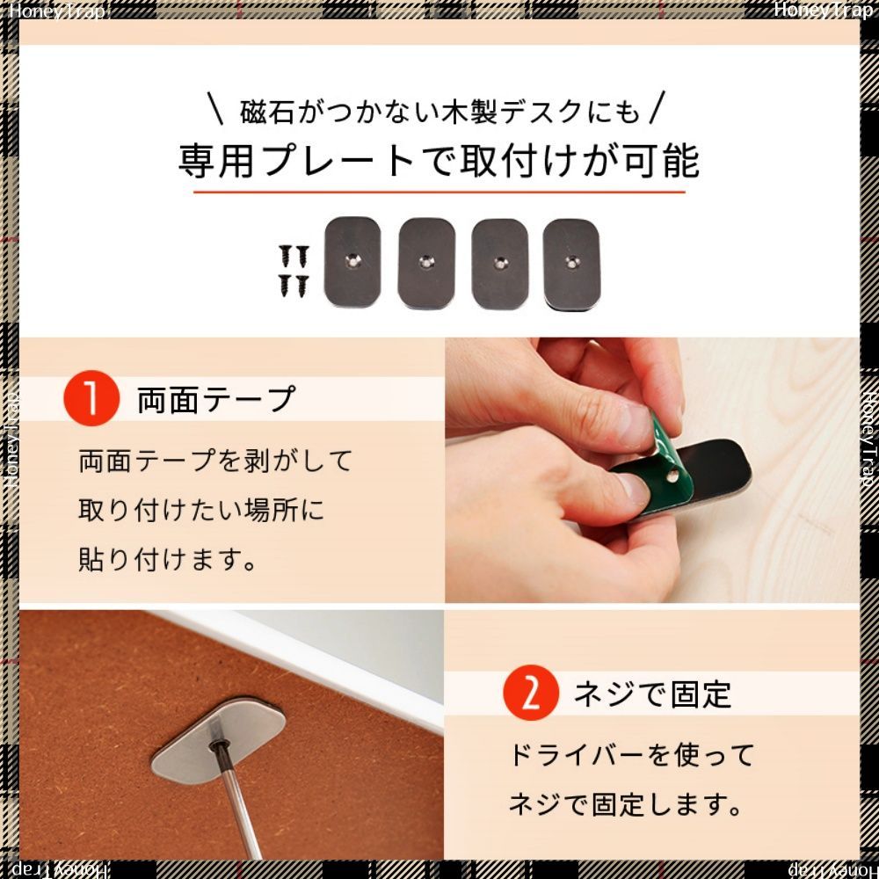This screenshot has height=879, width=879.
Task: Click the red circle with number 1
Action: click(91, 398)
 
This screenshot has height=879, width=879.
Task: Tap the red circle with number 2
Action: click(530, 693)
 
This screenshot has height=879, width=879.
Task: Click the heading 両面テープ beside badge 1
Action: click(216, 400)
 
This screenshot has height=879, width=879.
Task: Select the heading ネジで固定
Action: click(652, 694)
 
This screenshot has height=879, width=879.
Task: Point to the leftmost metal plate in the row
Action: click(352, 262)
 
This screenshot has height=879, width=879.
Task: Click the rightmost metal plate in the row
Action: click(572, 264)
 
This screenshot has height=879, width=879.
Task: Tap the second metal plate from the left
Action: click(426, 263)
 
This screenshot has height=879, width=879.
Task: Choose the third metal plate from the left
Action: click(499, 264)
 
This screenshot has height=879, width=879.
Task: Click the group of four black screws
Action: click(294, 272)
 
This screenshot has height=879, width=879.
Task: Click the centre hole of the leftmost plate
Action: click(352, 259)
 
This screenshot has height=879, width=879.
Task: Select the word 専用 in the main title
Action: click(216, 162)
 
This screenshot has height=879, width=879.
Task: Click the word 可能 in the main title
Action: click(662, 162)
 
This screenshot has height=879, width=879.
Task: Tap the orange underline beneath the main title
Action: click(439, 192)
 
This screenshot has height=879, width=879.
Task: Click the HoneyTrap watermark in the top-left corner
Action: click(56, 11)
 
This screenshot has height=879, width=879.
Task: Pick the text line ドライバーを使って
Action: click(631, 755)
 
